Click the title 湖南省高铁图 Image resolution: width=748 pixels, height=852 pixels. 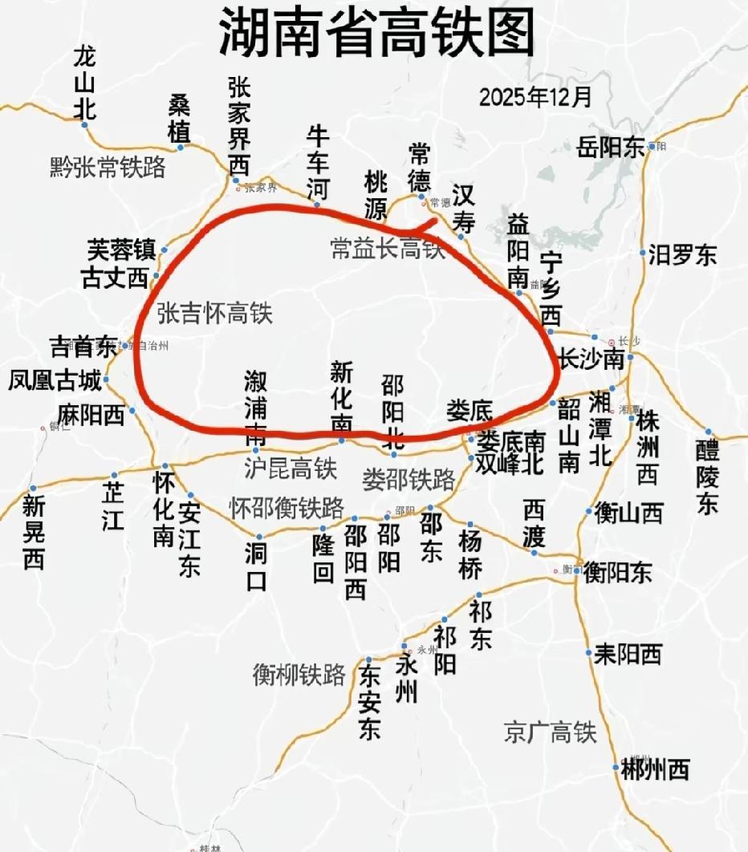coord(376,34)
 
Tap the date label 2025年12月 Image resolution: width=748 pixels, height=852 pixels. coord(535,97)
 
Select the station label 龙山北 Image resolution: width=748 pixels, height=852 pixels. coord(84,83)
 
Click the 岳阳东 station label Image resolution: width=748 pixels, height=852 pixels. coord(611,148)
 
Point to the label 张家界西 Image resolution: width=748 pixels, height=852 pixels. coord(239,127)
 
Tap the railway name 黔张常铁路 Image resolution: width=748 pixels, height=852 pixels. coord(107,167)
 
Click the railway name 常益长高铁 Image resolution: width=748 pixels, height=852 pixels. coord(388,249)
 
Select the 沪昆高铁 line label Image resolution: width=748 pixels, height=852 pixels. coord(291,468)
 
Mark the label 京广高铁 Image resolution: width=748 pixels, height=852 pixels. coord(551,732)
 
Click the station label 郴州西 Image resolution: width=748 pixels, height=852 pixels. coord(655,770)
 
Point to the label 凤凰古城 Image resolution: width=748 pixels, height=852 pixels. coord(55,379)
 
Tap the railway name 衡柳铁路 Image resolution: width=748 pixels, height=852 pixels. coord(299,675)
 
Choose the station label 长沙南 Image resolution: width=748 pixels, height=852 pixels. coord(591,359)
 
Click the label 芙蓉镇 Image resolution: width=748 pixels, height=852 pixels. coord(121,250)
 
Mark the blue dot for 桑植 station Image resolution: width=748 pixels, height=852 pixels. coord(181,147)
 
